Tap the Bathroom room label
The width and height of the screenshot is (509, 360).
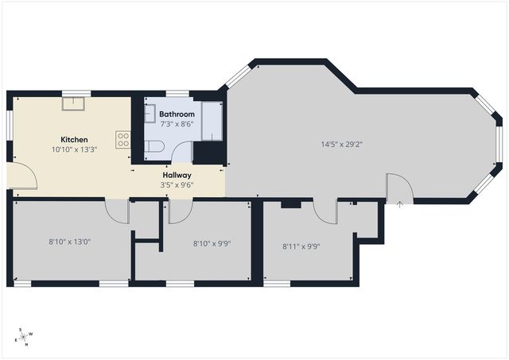[x=177, y=114]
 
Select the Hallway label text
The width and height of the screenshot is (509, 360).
[x=177, y=175]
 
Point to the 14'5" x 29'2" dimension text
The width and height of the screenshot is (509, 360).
[x=342, y=145]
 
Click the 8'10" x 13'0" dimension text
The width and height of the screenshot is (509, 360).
[x=70, y=241]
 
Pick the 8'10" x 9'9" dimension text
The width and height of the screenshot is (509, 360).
[x=212, y=244]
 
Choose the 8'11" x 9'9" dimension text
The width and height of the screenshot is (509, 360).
[x=301, y=246]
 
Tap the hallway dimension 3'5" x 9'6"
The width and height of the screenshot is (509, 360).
[x=177, y=184]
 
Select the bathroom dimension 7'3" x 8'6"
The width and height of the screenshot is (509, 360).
[x=177, y=124]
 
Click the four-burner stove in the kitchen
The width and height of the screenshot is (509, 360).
[x=123, y=140]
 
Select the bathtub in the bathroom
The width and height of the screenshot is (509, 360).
[x=212, y=121]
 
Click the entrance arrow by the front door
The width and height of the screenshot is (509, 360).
[x=400, y=203]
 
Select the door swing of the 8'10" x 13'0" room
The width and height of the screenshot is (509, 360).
[x=117, y=211]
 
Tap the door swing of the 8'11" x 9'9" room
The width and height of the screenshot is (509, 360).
[x=325, y=212]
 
